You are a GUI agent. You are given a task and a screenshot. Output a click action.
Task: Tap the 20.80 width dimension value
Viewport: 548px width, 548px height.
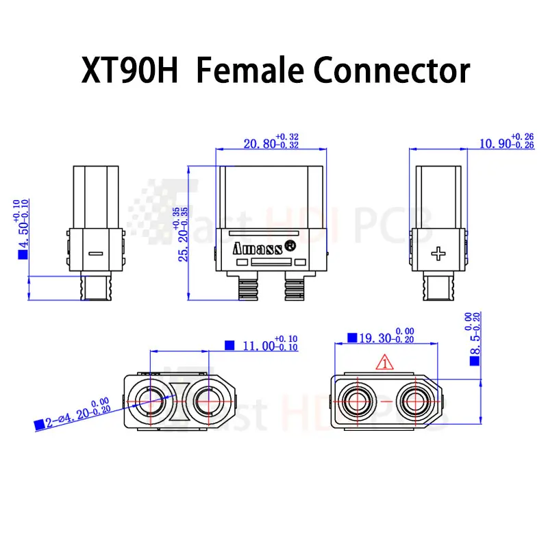pos(258,145)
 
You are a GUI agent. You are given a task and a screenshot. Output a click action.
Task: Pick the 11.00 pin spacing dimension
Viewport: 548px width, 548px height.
pos(259,346)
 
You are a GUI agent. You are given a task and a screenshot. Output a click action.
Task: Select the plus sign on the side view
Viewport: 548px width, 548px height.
pos(438,254)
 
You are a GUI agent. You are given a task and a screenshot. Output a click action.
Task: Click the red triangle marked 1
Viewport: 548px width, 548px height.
pos(385,363)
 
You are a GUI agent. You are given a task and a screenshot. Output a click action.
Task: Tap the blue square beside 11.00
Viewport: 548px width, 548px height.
pos(230,345)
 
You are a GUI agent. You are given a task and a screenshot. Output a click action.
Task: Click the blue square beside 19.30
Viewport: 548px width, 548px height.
pos(352,338)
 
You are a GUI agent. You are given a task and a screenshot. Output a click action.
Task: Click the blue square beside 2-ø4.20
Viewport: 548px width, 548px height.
pos(38,425)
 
